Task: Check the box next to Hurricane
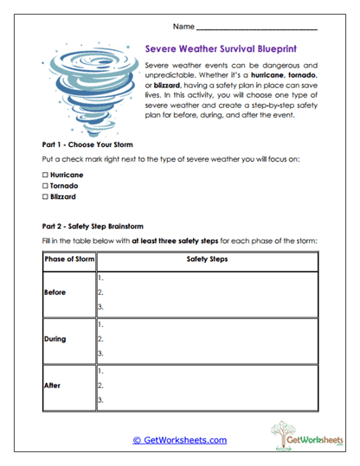45,175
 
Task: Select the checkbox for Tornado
45,185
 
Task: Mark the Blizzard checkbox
45,196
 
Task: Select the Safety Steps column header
207,259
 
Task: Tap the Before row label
55,292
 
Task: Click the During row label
55,339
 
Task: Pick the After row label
53,386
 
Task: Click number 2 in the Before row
101,293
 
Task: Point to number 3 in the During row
101,353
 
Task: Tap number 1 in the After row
101,370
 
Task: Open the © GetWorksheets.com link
179,440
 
